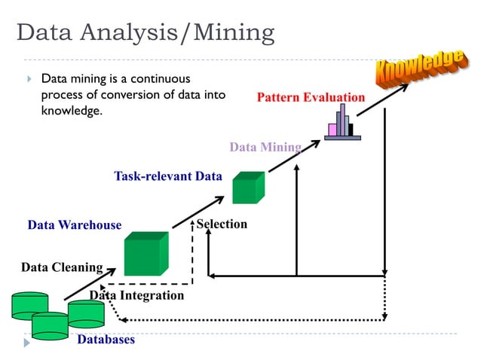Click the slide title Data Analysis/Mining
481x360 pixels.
(x=146, y=33)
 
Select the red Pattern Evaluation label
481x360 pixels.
(x=311, y=98)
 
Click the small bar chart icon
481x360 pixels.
(x=344, y=123)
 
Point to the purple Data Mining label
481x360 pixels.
(x=265, y=147)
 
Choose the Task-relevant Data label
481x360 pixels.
(x=168, y=177)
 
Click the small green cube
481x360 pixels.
(x=248, y=188)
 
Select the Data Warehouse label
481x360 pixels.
(x=74, y=225)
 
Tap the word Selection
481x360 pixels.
(x=222, y=224)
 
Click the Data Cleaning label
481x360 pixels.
(x=62, y=267)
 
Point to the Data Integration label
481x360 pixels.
(x=136, y=295)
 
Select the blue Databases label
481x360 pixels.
(x=106, y=340)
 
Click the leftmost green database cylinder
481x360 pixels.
(x=29, y=306)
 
